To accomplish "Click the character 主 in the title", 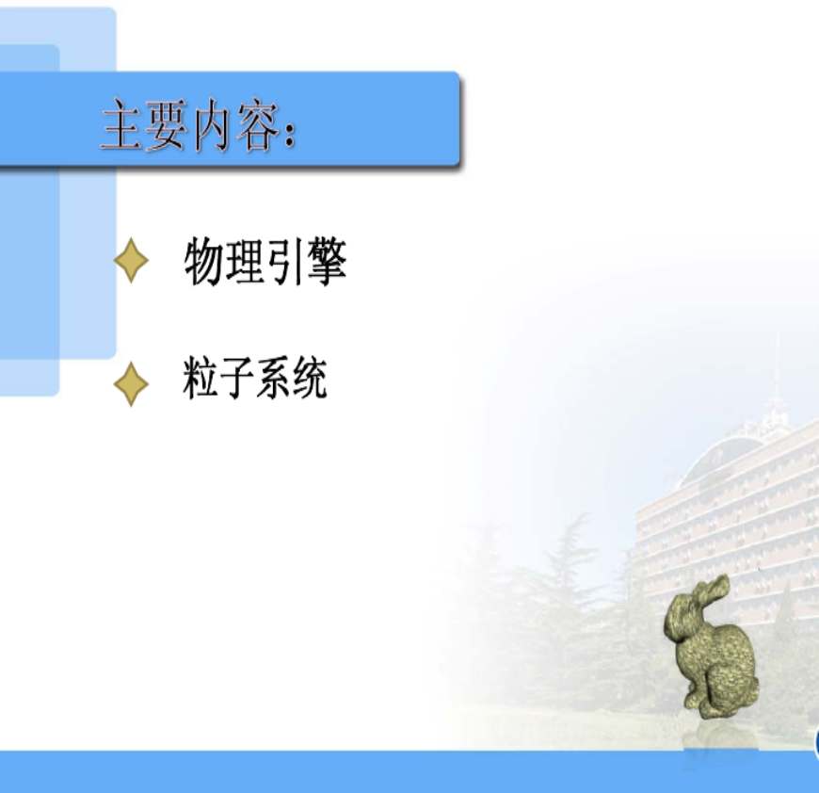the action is click(x=121, y=125).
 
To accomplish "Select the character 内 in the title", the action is click(x=212, y=125).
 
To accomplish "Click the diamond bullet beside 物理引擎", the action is click(x=131, y=261).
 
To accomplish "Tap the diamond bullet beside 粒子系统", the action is click(x=131, y=384).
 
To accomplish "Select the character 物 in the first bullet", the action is click(x=204, y=261).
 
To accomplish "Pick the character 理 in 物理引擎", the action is click(x=245, y=261).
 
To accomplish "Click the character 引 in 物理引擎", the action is click(x=284, y=261).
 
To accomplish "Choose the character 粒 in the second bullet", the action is click(x=201, y=377).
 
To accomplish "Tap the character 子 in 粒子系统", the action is click(x=237, y=378).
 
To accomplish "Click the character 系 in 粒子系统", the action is click(x=273, y=378).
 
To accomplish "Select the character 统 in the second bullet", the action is click(x=310, y=378).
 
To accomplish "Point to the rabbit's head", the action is click(x=681, y=618).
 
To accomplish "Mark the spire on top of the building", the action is click(x=777, y=376).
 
